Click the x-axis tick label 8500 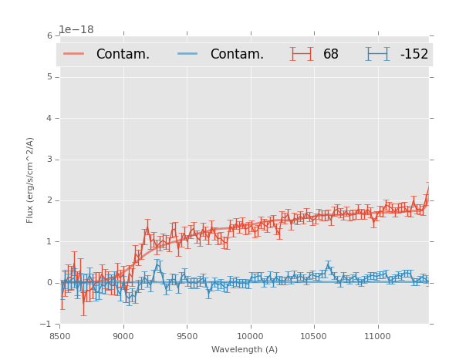pyautogui.click(x=59, y=335)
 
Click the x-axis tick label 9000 pyautogui.click(x=123, y=335)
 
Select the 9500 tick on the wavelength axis pyautogui.click(x=187, y=335)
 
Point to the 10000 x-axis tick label pyautogui.click(x=250, y=335)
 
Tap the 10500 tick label pyautogui.click(x=314, y=335)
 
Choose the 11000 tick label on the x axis pyautogui.click(x=377, y=335)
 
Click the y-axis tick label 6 pyautogui.click(x=49, y=35)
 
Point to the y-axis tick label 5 pyautogui.click(x=49, y=77)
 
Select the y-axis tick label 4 pyautogui.click(x=49, y=118)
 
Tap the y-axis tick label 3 pyautogui.click(x=49, y=160)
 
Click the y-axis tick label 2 pyautogui.click(x=49, y=200)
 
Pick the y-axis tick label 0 pyautogui.click(x=49, y=283)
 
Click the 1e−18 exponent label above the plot pyautogui.click(x=76, y=29)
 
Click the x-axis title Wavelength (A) pyautogui.click(x=245, y=349)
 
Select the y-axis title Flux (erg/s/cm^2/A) pyautogui.click(x=31, y=180)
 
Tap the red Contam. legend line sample pyautogui.click(x=74, y=54)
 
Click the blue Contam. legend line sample pyautogui.click(x=188, y=54)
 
